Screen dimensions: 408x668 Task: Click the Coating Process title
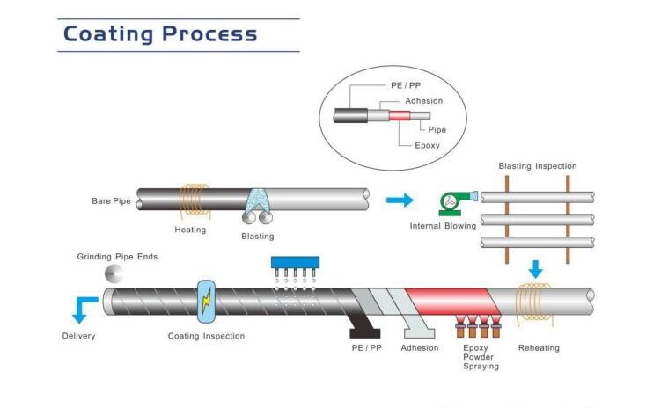click(x=160, y=34)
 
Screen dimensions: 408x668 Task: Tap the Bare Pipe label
click(x=111, y=201)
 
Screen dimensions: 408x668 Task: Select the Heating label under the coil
click(x=190, y=229)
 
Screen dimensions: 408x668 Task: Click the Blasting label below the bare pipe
click(x=257, y=236)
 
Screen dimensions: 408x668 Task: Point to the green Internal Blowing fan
click(x=451, y=202)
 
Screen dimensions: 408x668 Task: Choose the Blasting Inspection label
click(x=537, y=165)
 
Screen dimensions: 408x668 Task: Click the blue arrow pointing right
click(x=400, y=200)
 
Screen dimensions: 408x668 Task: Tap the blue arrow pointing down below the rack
click(x=536, y=266)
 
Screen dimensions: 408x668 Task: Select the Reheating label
click(x=538, y=348)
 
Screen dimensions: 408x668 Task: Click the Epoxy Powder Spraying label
click(x=481, y=356)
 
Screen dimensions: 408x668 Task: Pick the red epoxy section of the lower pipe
click(x=449, y=300)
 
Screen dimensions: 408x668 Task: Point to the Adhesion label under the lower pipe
click(x=419, y=348)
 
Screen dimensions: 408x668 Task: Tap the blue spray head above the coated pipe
click(x=293, y=263)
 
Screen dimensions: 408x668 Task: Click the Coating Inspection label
click(x=206, y=336)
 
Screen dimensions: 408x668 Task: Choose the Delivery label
click(x=77, y=336)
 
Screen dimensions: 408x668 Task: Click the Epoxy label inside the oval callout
click(x=427, y=145)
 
